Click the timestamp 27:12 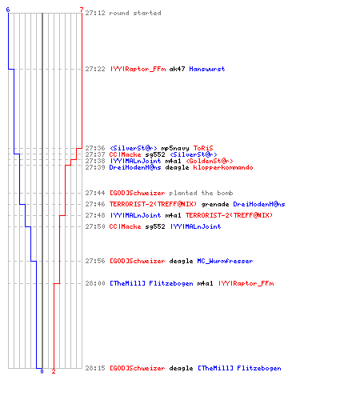pyautogui.click(x=95, y=13)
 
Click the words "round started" pyautogui.click(x=135, y=13)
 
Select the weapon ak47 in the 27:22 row pyautogui.click(x=177, y=69)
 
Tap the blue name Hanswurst pyautogui.click(x=207, y=69)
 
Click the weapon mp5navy pyautogui.click(x=175, y=148)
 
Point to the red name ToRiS pyautogui.click(x=203, y=148)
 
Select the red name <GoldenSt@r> pyautogui.click(x=210, y=161)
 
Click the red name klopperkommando pyautogui.click(x=223, y=167)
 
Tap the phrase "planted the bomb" pyautogui.click(x=201, y=193)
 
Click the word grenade pyautogui.click(x=215, y=204)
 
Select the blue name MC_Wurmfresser pyautogui.click(x=225, y=261)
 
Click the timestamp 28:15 pyautogui.click(x=95, y=368)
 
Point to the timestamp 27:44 pyautogui.click(x=95, y=193)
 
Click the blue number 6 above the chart pyautogui.click(x=8, y=10)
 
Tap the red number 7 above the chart pyautogui.click(x=82, y=10)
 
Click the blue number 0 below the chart pyautogui.click(x=42, y=371)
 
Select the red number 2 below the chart pyautogui.click(x=54, y=371)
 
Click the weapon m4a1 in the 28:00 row pyautogui.click(x=205, y=283)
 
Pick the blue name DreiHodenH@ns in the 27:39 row pyautogui.click(x=135, y=167)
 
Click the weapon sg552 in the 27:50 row pyautogui.click(x=155, y=226)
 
